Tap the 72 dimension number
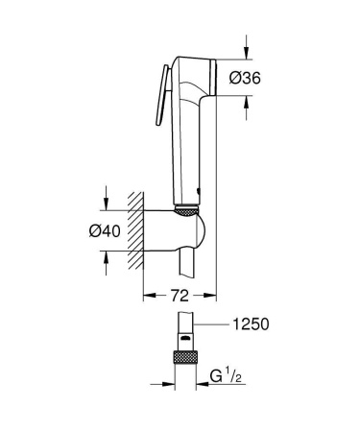click(180, 294)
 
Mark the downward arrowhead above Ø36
click(246, 53)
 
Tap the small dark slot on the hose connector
click(182, 338)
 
